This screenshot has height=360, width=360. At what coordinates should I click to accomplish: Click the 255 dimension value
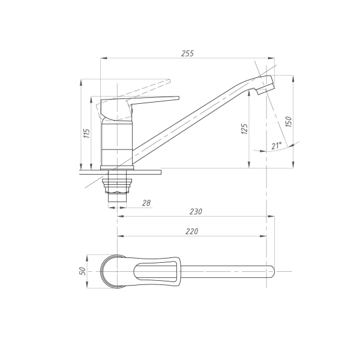click(x=187, y=53)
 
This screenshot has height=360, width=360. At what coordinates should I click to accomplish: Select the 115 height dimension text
click(x=87, y=133)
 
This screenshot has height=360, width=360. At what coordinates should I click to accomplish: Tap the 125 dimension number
click(x=245, y=129)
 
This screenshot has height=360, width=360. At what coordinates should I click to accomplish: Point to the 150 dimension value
click(x=289, y=122)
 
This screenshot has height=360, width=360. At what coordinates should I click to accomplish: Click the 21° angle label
click(x=277, y=146)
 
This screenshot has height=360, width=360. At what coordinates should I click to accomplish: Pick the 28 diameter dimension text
click(x=146, y=203)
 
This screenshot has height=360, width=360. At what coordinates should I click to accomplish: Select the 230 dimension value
click(x=196, y=211)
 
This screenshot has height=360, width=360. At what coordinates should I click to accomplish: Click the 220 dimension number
click(x=192, y=232)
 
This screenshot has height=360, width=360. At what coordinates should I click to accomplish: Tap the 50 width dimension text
click(x=83, y=271)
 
